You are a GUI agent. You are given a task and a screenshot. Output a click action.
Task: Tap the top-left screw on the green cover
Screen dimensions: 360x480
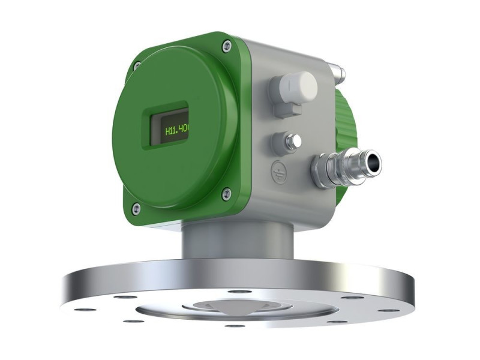coord(136,65)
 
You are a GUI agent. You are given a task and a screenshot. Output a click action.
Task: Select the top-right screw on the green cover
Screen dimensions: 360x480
coord(226,46)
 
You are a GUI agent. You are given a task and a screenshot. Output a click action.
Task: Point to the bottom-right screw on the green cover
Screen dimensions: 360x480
coord(226,193)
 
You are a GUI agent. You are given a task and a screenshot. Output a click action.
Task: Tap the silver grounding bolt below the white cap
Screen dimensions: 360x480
coord(292,142)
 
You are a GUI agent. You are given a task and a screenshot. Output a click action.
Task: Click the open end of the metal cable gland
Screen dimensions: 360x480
coord(373,160)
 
